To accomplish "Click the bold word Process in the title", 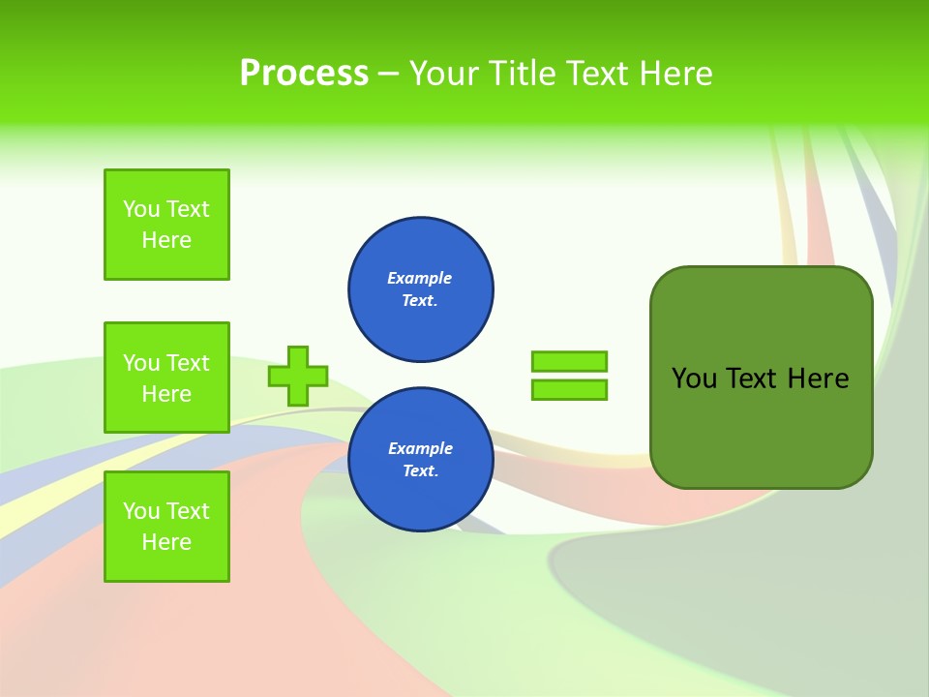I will coord(304,74).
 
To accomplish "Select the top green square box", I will coord(166,225).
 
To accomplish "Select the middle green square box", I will coord(166,378).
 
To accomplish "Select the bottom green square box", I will coord(166,527).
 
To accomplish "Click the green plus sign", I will coord(298,376).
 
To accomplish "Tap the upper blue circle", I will coord(421,289).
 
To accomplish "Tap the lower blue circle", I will coord(421,460).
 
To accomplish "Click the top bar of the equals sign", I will coord(569,361).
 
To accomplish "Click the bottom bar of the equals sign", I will coord(569,390).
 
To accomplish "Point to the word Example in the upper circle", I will coord(420,278).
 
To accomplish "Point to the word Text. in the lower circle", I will coord(420,471).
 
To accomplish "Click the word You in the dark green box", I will coord(694,379).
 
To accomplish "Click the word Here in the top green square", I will coord(166,240).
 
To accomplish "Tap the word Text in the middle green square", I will coord(188,363).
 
